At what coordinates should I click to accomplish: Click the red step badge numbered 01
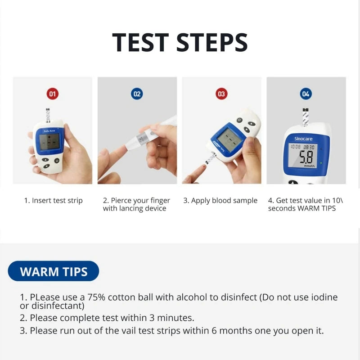coord(53,94)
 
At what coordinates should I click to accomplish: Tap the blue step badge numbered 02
coord(137,94)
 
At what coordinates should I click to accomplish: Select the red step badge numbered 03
coord(221,94)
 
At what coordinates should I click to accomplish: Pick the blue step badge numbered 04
coord(306,94)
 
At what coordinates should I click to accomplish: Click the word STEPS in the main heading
coord(212,42)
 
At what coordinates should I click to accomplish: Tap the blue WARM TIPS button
coord(54,271)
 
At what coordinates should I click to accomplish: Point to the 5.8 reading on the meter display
coord(307,157)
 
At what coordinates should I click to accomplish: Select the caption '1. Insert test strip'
coord(53,201)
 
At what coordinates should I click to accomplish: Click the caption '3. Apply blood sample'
coord(220,201)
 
